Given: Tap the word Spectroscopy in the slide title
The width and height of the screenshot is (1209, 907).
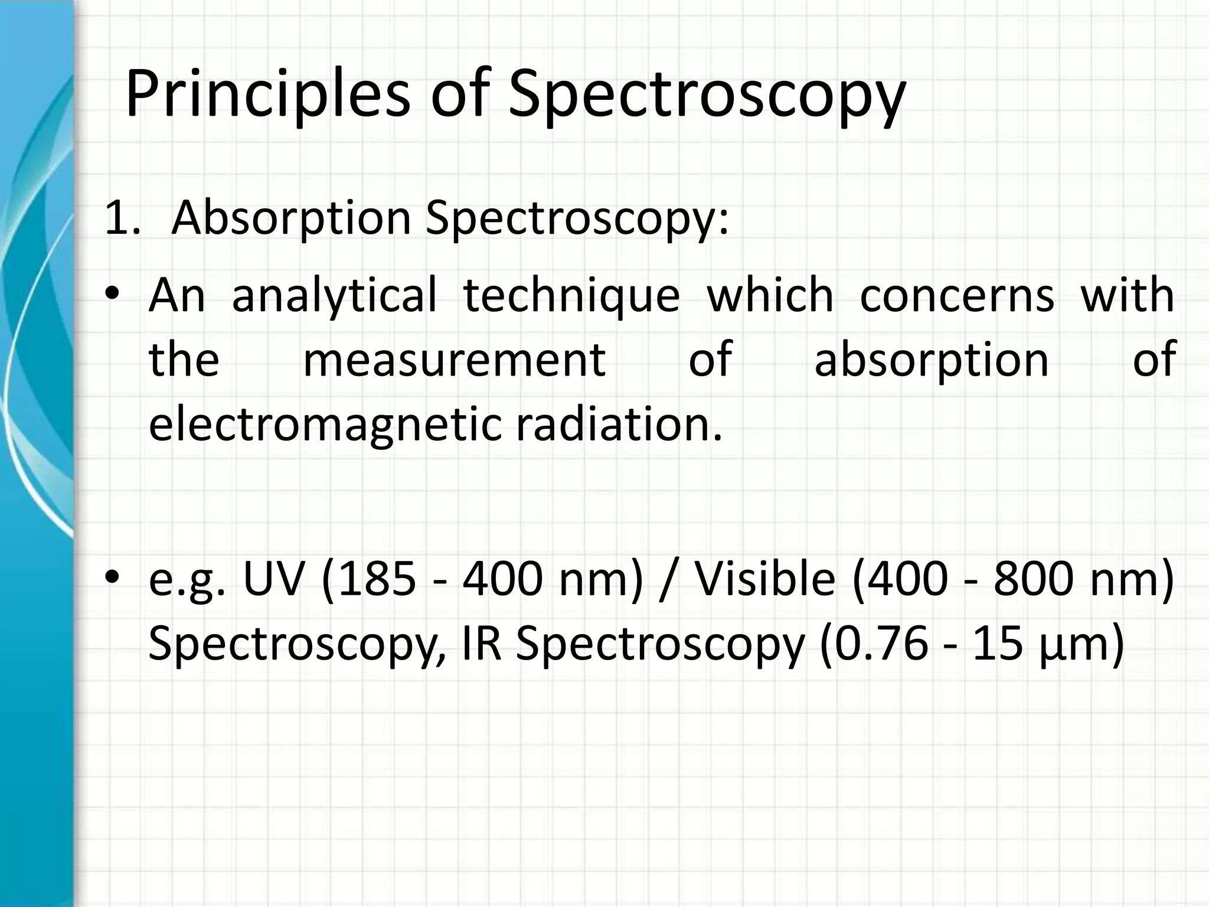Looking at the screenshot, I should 707,94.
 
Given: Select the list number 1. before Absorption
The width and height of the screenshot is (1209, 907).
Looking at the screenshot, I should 122,218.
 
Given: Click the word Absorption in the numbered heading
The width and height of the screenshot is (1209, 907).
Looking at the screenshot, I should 291,218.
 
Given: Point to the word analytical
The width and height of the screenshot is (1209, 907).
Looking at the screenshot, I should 334,295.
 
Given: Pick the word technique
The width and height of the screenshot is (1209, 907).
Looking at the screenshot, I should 571,295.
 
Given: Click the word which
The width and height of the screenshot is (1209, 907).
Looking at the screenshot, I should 770,294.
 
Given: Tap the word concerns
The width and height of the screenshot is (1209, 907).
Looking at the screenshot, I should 956,295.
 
